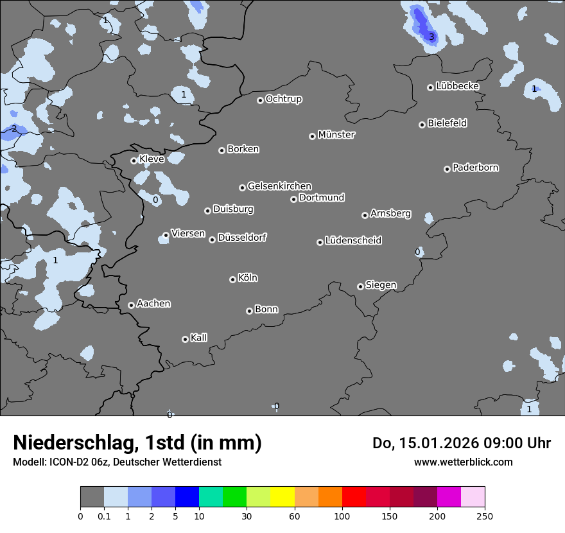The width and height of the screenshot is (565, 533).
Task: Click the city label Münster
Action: point(336,135)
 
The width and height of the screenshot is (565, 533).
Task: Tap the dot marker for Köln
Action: point(232,279)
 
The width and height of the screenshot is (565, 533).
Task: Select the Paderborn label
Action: point(476,168)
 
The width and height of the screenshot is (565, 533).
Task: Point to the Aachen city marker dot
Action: point(131,305)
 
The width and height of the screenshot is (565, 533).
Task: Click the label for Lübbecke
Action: point(458,86)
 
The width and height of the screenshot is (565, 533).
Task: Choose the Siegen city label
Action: point(381,285)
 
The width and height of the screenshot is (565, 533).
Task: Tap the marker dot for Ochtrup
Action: point(260,100)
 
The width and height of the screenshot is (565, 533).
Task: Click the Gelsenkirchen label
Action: point(279,186)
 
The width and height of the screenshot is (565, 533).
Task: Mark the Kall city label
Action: point(199,338)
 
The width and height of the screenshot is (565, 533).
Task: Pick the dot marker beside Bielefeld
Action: point(422,125)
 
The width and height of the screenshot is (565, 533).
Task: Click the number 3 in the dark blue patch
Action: point(431,37)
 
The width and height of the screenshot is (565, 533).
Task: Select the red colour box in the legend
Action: point(354,497)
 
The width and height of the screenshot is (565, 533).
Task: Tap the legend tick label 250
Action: point(485,516)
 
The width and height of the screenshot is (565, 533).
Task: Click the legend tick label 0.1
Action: point(104,516)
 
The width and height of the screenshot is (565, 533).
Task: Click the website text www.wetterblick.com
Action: point(464,462)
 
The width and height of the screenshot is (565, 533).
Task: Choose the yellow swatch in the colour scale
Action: point(282,497)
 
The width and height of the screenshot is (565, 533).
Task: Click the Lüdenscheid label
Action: point(353,241)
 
